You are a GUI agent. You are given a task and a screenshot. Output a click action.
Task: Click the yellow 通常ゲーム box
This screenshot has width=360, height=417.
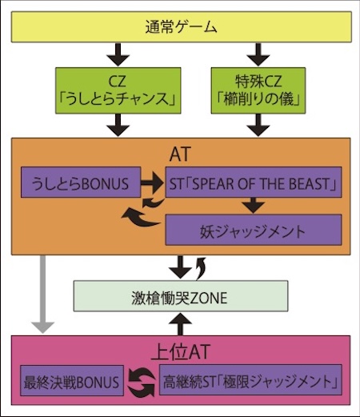(x=182, y=26)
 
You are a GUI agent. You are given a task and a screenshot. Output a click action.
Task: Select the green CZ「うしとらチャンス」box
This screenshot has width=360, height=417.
(x=118, y=90)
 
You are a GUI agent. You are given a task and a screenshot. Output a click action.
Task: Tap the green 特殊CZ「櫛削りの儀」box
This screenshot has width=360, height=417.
(x=258, y=90)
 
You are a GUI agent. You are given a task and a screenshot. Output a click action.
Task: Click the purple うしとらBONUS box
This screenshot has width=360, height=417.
(x=81, y=182)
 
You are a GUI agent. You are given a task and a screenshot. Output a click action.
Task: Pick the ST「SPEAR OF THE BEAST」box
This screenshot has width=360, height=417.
(x=254, y=182)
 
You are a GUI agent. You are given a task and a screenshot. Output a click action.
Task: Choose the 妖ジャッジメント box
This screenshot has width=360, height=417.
(x=254, y=230)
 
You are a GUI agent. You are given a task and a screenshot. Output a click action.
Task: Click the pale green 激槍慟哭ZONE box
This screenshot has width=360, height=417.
(x=181, y=296)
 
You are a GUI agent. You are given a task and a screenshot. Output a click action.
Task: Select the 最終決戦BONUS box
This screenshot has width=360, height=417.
(x=72, y=381)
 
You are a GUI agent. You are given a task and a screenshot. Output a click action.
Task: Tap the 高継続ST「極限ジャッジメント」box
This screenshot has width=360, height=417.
(x=250, y=380)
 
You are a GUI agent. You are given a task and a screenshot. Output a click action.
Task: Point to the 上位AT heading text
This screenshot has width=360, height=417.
(x=181, y=351)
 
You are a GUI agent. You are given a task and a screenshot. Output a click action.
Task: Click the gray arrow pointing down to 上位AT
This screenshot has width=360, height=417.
(x=42, y=295)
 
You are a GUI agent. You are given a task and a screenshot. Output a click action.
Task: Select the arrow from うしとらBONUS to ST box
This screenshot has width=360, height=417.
(x=152, y=182)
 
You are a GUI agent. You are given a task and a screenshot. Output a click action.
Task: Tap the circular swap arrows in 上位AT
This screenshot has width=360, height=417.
(x=142, y=382)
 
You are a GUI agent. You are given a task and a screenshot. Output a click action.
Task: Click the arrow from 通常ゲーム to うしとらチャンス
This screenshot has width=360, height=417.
(x=118, y=54)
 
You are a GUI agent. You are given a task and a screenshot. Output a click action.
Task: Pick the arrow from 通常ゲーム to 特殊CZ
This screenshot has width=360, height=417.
(x=258, y=54)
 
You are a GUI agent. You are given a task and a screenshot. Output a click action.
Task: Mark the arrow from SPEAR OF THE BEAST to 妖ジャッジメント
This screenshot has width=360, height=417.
(x=254, y=206)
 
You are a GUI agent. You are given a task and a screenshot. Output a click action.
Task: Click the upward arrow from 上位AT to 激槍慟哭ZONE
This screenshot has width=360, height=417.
(x=181, y=323)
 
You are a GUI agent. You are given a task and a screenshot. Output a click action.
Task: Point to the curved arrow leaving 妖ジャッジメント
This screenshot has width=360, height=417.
(x=142, y=218)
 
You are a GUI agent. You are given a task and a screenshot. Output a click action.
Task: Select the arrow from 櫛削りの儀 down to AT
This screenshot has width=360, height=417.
(x=258, y=125)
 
